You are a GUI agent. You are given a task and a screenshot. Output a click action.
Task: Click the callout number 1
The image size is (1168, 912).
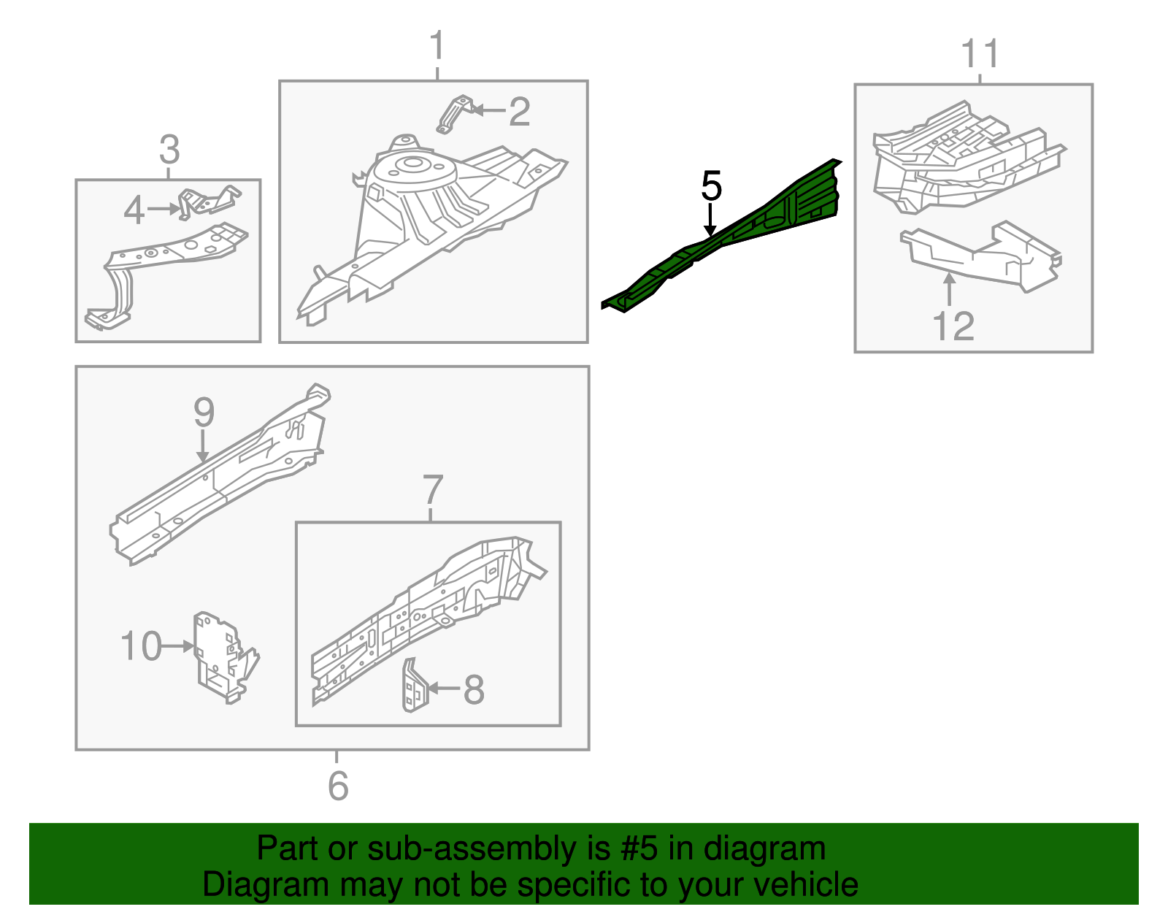click(x=437, y=46)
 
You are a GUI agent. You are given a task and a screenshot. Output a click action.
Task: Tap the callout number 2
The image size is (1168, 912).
click(x=519, y=112)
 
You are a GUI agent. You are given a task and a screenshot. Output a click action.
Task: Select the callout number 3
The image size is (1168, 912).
click(x=169, y=150)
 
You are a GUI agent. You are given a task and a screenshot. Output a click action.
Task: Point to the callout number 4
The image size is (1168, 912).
click(x=134, y=210)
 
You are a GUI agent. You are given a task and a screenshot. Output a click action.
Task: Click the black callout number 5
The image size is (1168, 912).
click(x=711, y=186)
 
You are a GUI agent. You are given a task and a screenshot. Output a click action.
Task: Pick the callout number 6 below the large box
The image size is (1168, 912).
click(x=338, y=786)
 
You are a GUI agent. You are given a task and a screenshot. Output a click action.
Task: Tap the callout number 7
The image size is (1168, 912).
click(x=432, y=489)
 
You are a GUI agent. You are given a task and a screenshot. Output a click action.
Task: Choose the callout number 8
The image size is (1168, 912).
click(x=474, y=689)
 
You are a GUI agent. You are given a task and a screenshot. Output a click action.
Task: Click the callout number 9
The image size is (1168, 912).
click(x=204, y=413)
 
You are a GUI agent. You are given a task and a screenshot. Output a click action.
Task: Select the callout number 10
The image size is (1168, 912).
click(x=141, y=647)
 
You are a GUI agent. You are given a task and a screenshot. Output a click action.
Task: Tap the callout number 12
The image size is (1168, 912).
click(x=953, y=326)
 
